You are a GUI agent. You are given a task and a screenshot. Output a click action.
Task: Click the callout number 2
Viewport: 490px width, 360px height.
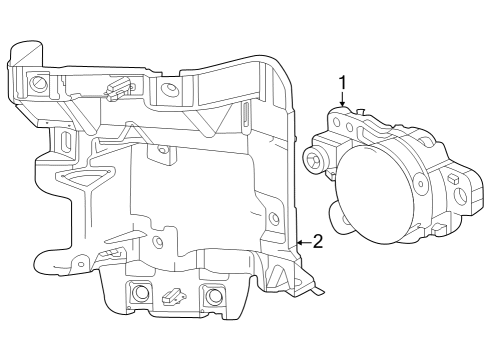[x=317, y=241]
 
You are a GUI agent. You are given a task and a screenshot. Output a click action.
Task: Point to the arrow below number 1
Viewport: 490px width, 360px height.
[x=342, y=100]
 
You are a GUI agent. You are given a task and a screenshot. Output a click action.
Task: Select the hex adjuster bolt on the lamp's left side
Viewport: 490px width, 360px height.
[x=315, y=161]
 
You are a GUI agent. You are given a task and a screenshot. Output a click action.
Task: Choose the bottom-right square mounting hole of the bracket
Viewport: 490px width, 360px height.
[x=212, y=296]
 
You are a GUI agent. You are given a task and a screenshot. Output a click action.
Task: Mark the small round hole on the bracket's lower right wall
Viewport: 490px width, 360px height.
[x=274, y=217]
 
